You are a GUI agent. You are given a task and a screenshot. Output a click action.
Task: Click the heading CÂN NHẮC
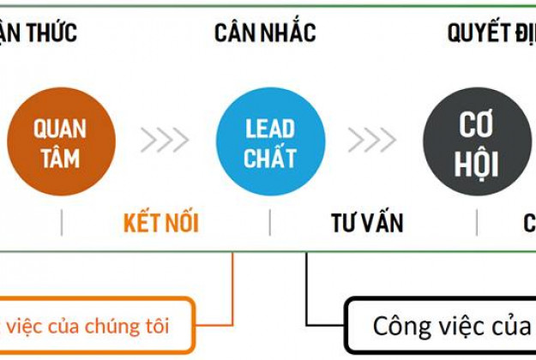(265, 33)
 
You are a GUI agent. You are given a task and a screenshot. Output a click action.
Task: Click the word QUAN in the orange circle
(60, 129)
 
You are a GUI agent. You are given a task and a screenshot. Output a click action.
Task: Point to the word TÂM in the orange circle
(60, 158)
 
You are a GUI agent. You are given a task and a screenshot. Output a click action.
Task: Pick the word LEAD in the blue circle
(270, 129)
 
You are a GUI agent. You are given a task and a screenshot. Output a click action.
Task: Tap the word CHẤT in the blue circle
(270, 158)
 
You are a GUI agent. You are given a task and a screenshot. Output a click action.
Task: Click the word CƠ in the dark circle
(477, 126)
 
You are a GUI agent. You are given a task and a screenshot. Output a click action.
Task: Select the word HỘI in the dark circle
(477, 163)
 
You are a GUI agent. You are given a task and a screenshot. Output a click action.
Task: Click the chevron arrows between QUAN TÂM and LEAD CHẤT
(165, 140)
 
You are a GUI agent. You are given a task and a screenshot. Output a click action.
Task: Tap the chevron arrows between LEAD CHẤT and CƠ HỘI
(372, 140)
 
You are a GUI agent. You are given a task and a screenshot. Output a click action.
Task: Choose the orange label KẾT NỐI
(161, 224)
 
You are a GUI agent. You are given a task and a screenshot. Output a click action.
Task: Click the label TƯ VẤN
(367, 224)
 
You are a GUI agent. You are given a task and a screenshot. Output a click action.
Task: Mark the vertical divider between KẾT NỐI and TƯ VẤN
(270, 223)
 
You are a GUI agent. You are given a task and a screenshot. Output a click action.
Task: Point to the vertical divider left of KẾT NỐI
(62, 223)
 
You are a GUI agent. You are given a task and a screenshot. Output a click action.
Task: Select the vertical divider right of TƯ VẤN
(477, 223)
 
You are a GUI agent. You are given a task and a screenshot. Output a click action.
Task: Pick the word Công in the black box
(401, 327)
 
